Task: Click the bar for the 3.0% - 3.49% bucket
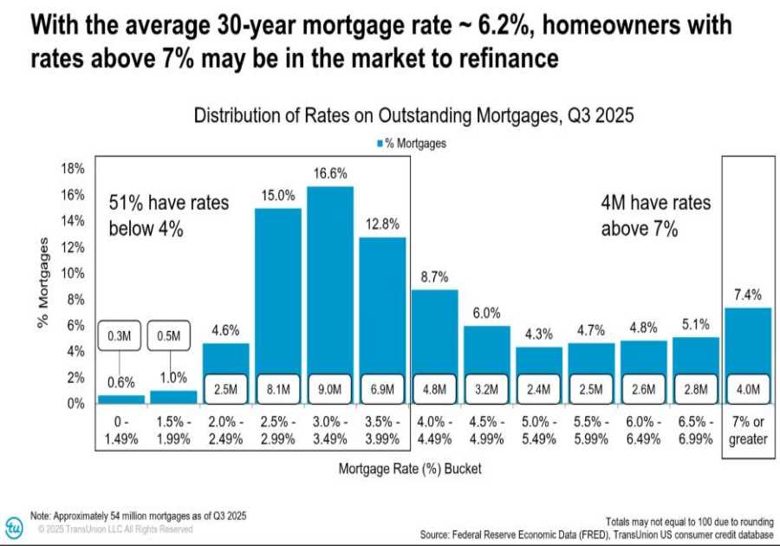[x=331, y=277]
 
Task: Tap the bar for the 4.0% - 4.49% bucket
[x=434, y=329]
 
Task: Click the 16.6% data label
[x=331, y=174]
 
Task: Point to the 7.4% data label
[x=747, y=295]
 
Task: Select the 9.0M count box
[x=331, y=389]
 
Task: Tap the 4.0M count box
[x=747, y=389]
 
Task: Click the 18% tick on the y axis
[x=72, y=168]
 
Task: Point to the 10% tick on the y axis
[x=72, y=273]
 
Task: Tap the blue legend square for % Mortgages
[x=380, y=144]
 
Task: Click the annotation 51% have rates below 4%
[x=169, y=216]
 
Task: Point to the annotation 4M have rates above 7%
[x=655, y=216]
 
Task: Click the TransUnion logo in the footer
[x=14, y=526]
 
